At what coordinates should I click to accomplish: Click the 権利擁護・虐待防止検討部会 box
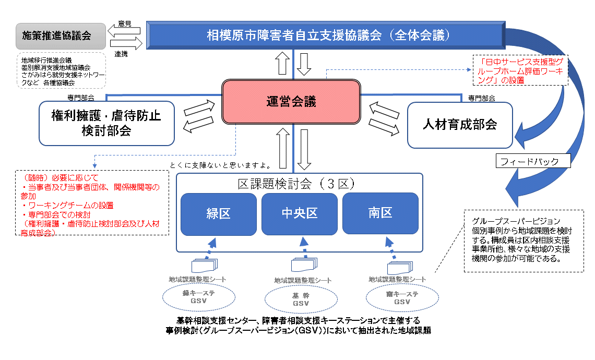pyautogui.click(x=106, y=123)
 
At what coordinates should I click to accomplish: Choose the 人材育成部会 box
pyautogui.click(x=460, y=125)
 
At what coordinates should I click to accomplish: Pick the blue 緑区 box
pyautogui.click(x=218, y=214)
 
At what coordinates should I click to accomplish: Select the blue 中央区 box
pyautogui.click(x=299, y=214)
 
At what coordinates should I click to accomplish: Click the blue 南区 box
pyautogui.click(x=380, y=214)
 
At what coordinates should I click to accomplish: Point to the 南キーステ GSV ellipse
pyautogui.click(x=401, y=298)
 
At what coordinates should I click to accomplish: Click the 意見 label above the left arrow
pyautogui.click(x=125, y=23)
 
